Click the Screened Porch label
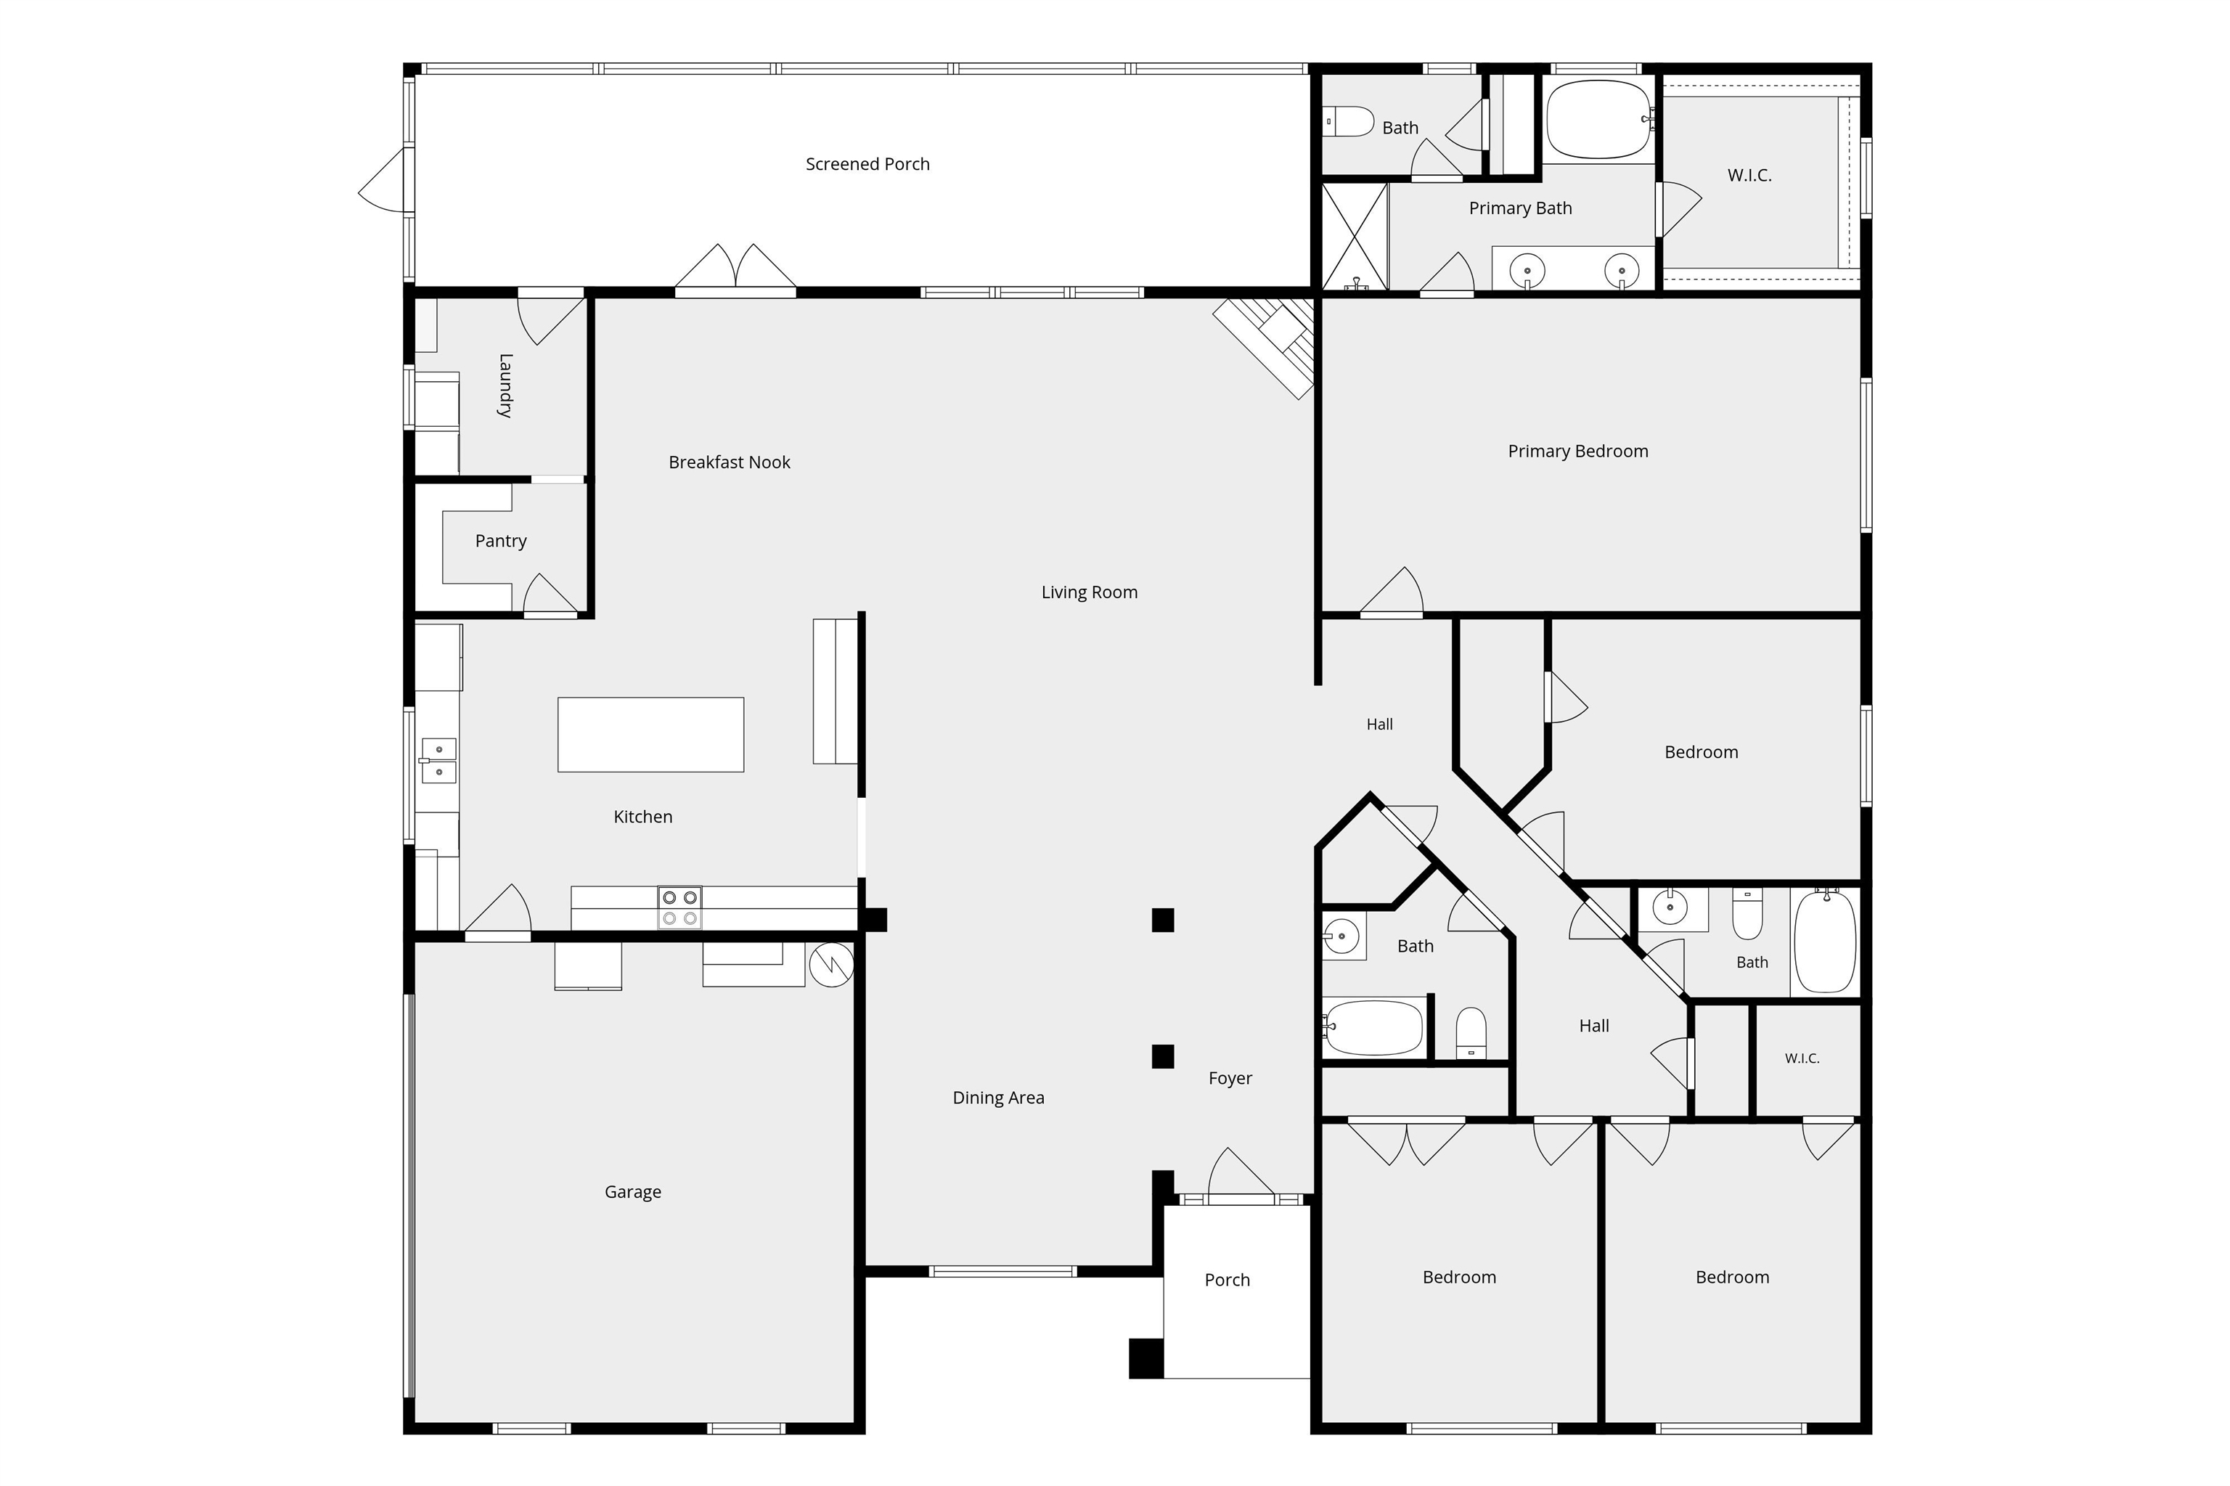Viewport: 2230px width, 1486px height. (x=867, y=164)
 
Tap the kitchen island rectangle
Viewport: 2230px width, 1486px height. (x=650, y=735)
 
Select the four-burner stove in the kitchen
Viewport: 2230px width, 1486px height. (x=679, y=908)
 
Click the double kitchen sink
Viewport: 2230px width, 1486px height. (x=438, y=760)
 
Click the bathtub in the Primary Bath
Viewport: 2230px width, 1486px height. (x=1598, y=119)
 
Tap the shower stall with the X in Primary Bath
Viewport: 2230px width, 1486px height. (x=1355, y=236)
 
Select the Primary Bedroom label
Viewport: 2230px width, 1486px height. (x=1578, y=451)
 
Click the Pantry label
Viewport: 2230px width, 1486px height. (x=500, y=541)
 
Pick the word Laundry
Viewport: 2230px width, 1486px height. (x=505, y=385)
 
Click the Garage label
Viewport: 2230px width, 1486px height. (x=632, y=1192)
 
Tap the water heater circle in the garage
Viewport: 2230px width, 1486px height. (x=831, y=965)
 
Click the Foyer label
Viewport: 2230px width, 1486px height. (x=1230, y=1079)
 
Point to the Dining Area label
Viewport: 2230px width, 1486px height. (x=998, y=1098)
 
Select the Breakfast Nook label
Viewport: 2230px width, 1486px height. (x=729, y=462)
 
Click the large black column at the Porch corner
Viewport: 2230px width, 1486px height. (x=1145, y=1358)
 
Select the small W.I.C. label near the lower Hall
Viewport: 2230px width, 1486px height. (x=1802, y=1058)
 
